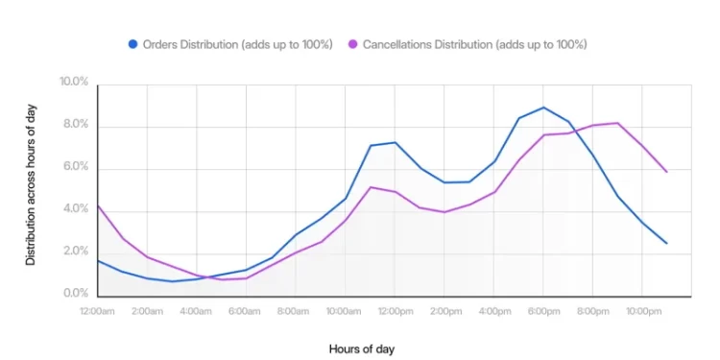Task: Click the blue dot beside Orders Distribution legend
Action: [x=132, y=44]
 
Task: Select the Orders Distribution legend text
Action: [x=238, y=44]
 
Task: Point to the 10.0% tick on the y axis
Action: [x=74, y=83]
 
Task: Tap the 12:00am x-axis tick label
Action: [x=98, y=312]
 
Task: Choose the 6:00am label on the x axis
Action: [x=246, y=312]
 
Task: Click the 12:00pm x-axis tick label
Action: [x=395, y=312]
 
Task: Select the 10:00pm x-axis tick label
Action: [x=642, y=312]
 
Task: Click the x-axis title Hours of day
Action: [x=361, y=348]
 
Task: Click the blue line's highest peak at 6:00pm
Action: [x=543, y=108]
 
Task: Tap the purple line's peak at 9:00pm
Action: [x=617, y=123]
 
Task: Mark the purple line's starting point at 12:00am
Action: [x=98, y=205]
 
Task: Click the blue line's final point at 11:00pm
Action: [x=666, y=243]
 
